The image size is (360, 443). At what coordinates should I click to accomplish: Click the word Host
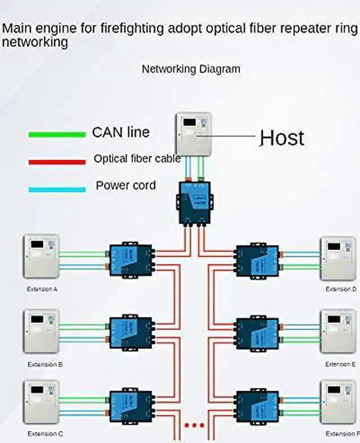281,137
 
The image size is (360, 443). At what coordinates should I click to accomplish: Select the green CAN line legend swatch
57,135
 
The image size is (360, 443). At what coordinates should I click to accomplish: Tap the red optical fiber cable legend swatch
57,162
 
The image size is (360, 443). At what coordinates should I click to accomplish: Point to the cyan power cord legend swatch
57,189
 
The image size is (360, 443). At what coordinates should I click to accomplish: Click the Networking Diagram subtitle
191,69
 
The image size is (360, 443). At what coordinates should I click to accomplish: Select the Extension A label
43,289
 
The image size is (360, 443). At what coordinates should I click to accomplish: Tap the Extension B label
43,364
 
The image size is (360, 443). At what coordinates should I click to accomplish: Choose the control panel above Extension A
40,256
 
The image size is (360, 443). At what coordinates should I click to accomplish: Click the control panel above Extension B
40,331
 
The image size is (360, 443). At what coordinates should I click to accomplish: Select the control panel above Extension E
338,331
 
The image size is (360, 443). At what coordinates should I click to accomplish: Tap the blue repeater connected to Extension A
130,259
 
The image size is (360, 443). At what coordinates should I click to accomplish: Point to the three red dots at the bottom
194,426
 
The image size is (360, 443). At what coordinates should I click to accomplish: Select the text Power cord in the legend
125,185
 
